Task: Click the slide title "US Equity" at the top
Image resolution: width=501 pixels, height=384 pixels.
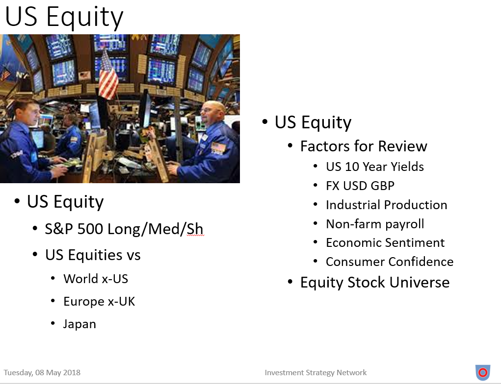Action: coord(64,17)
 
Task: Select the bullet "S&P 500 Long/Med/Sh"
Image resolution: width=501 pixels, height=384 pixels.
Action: coord(124,229)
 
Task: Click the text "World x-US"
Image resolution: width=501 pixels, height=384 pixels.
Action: coord(96,279)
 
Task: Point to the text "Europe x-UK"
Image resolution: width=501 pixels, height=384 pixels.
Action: coord(99,301)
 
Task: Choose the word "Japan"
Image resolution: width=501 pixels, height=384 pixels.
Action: coord(79,324)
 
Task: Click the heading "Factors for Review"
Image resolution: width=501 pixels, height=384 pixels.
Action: coord(364,146)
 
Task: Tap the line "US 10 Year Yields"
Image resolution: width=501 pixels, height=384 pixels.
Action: coord(375,167)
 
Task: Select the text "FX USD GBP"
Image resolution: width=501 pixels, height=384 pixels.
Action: coord(360,186)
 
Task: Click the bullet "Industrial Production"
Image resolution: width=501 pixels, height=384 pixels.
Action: coord(387,205)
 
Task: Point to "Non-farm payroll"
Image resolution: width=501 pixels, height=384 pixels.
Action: coord(375,224)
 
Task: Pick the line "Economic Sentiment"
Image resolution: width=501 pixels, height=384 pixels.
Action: coord(385,243)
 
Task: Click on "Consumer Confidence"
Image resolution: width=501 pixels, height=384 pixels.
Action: coord(390,262)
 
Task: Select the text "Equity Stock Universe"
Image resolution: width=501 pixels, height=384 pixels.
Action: coord(375,283)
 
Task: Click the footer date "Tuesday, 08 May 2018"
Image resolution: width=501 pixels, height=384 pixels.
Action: coord(42,373)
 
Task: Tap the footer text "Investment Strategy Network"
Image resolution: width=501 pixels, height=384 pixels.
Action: coord(316,373)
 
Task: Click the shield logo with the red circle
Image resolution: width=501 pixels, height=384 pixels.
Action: coord(483,373)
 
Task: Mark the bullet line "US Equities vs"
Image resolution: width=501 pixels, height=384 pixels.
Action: coord(93,255)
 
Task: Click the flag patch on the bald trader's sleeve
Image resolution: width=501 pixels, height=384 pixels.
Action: coord(218,147)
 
